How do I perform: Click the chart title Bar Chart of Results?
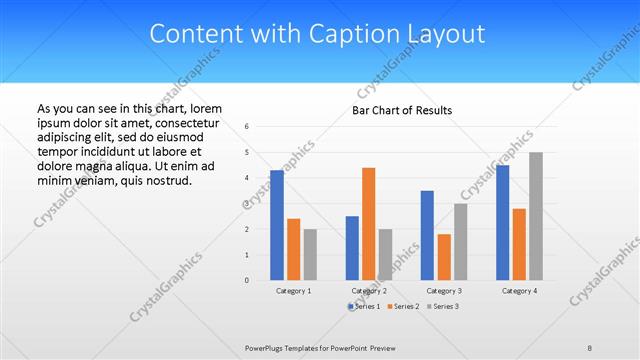(401, 110)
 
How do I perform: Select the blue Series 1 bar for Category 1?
(277, 225)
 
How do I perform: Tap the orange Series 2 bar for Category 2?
(368, 223)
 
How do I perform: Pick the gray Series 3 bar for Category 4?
(536, 216)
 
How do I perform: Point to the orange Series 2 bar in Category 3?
(443, 257)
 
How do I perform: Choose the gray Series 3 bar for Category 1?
(310, 254)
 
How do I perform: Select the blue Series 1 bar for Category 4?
(502, 222)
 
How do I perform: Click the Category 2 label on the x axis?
(369, 290)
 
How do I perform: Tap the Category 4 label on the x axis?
(519, 290)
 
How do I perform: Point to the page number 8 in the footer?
(590, 347)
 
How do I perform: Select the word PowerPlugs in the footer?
(267, 347)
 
